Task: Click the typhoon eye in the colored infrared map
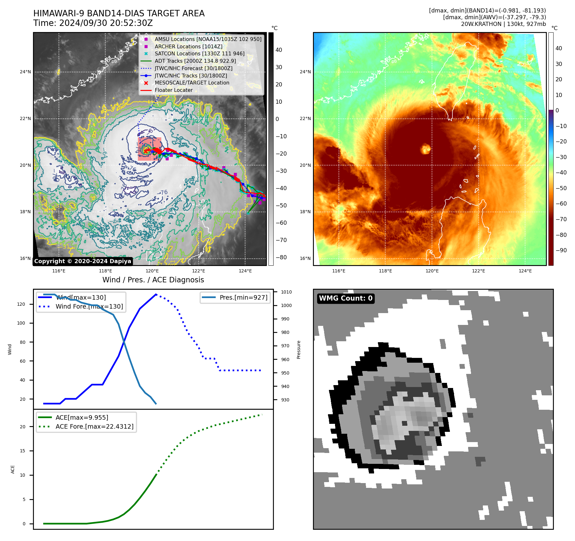coord(426,149)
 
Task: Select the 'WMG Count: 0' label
coord(346,298)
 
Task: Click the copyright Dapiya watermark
coord(83,261)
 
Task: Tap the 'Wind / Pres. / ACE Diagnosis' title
coord(153,280)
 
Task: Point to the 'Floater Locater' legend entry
coord(173,90)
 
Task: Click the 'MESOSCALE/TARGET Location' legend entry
coord(192,83)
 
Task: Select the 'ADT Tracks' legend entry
coord(195,61)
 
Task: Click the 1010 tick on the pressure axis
coord(286,292)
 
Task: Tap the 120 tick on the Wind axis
coord(21,304)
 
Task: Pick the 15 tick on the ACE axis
coord(23,451)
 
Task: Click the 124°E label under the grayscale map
coord(245,271)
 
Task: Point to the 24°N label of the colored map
coord(305,72)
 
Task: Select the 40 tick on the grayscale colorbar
coord(279,50)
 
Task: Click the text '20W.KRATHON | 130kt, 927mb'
coord(503,24)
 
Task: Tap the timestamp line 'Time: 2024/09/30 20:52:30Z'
coord(93,23)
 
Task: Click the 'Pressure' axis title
coord(299,350)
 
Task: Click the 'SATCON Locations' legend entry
coord(199,54)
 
